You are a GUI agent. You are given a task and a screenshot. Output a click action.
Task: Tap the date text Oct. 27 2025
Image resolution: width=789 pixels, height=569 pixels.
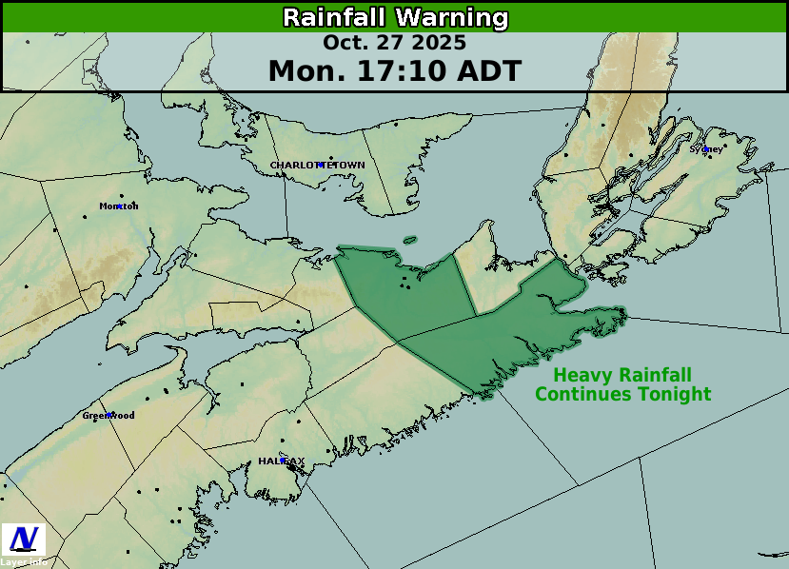pyautogui.click(x=394, y=43)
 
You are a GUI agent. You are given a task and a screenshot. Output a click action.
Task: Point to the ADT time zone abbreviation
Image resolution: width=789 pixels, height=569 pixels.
pyautogui.click(x=487, y=71)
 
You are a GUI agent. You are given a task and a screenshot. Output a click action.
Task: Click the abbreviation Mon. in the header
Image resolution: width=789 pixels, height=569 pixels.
pyautogui.click(x=301, y=71)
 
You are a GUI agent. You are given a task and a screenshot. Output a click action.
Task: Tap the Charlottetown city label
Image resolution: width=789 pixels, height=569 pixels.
pyautogui.click(x=317, y=166)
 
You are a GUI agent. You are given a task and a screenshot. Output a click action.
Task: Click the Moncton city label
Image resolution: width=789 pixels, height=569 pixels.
pyautogui.click(x=119, y=206)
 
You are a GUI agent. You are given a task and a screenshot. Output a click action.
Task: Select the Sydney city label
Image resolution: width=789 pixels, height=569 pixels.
pyautogui.click(x=705, y=149)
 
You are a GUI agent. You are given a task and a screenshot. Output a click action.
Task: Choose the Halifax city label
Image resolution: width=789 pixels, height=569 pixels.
pyautogui.click(x=282, y=461)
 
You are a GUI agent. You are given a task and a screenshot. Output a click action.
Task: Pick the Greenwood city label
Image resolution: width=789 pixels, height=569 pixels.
pyautogui.click(x=108, y=416)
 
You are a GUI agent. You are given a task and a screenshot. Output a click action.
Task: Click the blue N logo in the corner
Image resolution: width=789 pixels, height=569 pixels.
pyautogui.click(x=24, y=539)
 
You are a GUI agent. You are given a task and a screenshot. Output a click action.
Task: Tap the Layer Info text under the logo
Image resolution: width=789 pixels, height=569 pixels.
pyautogui.click(x=23, y=562)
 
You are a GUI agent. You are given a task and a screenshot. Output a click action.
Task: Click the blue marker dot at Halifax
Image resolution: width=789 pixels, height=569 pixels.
pyautogui.click(x=283, y=461)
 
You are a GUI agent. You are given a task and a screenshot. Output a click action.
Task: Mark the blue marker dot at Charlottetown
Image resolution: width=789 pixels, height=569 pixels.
pyautogui.click(x=321, y=166)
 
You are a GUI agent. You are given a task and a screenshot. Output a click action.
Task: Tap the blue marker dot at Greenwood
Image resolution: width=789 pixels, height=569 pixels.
pyautogui.click(x=111, y=415)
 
